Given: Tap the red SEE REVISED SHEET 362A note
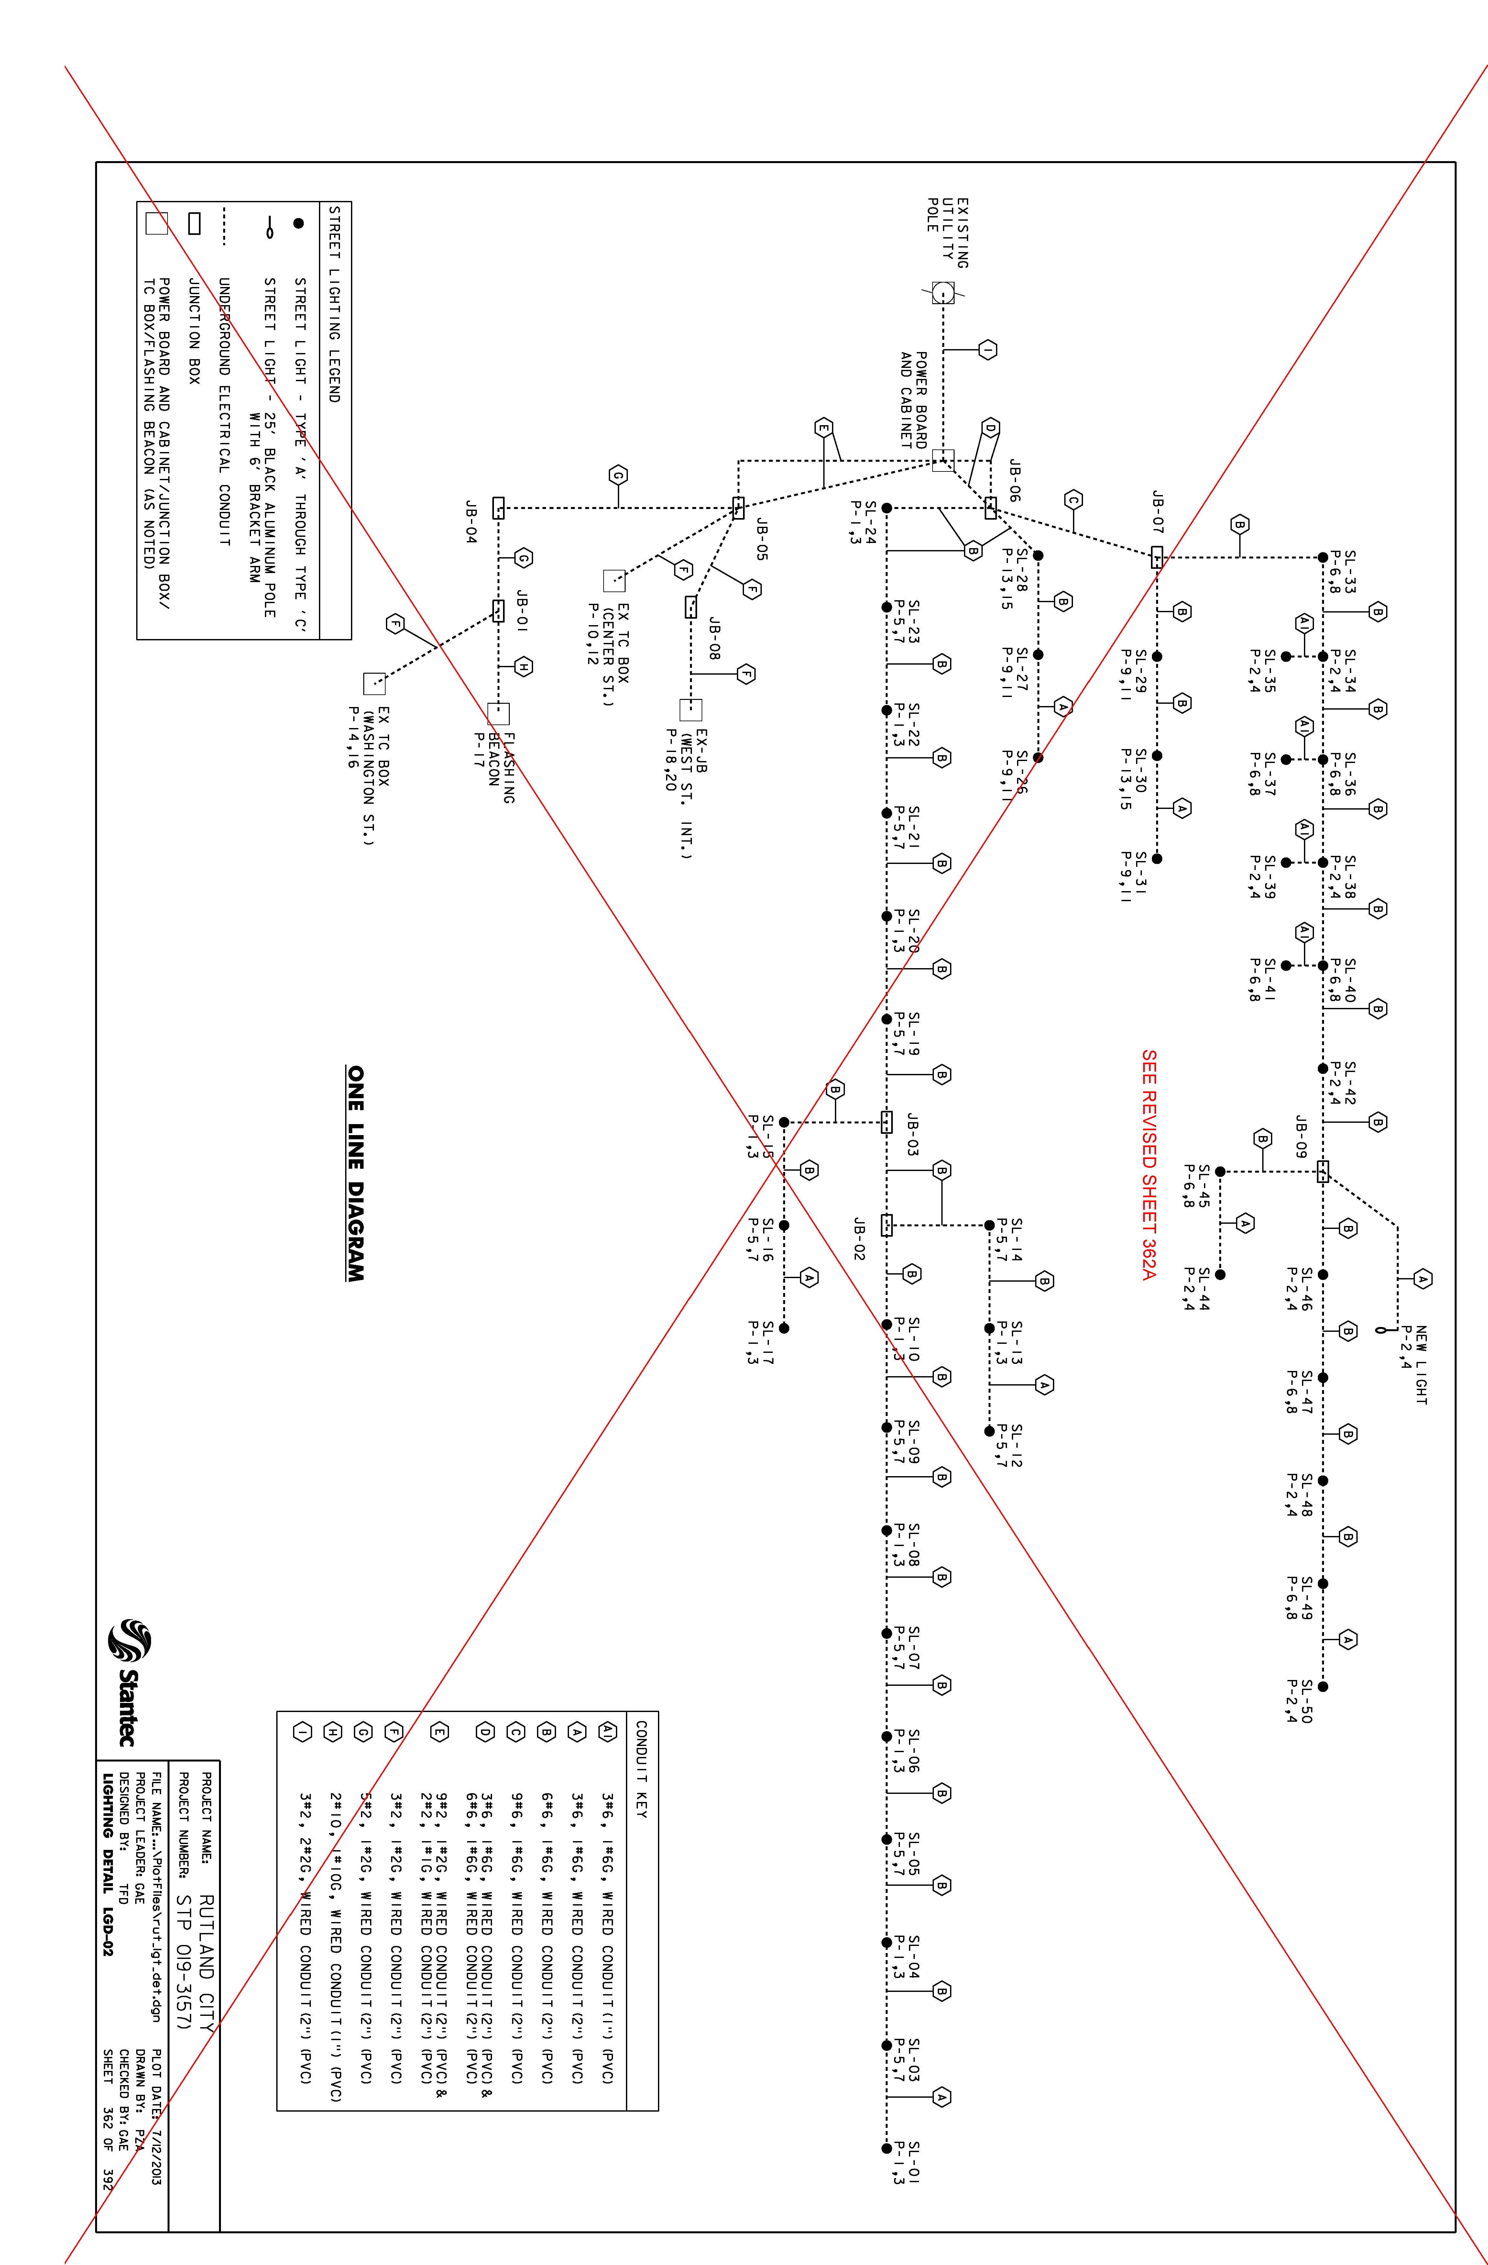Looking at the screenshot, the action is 1149,1165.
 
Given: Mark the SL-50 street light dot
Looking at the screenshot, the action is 1322,1686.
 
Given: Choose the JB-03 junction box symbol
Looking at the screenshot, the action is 887,1122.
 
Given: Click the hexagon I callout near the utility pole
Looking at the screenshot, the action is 988,350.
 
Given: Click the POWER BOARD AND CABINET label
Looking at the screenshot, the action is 914,400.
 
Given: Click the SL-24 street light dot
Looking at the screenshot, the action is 887,508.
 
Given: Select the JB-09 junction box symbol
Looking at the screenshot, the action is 1322,1172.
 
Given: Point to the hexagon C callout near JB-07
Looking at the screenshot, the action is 1073,500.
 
